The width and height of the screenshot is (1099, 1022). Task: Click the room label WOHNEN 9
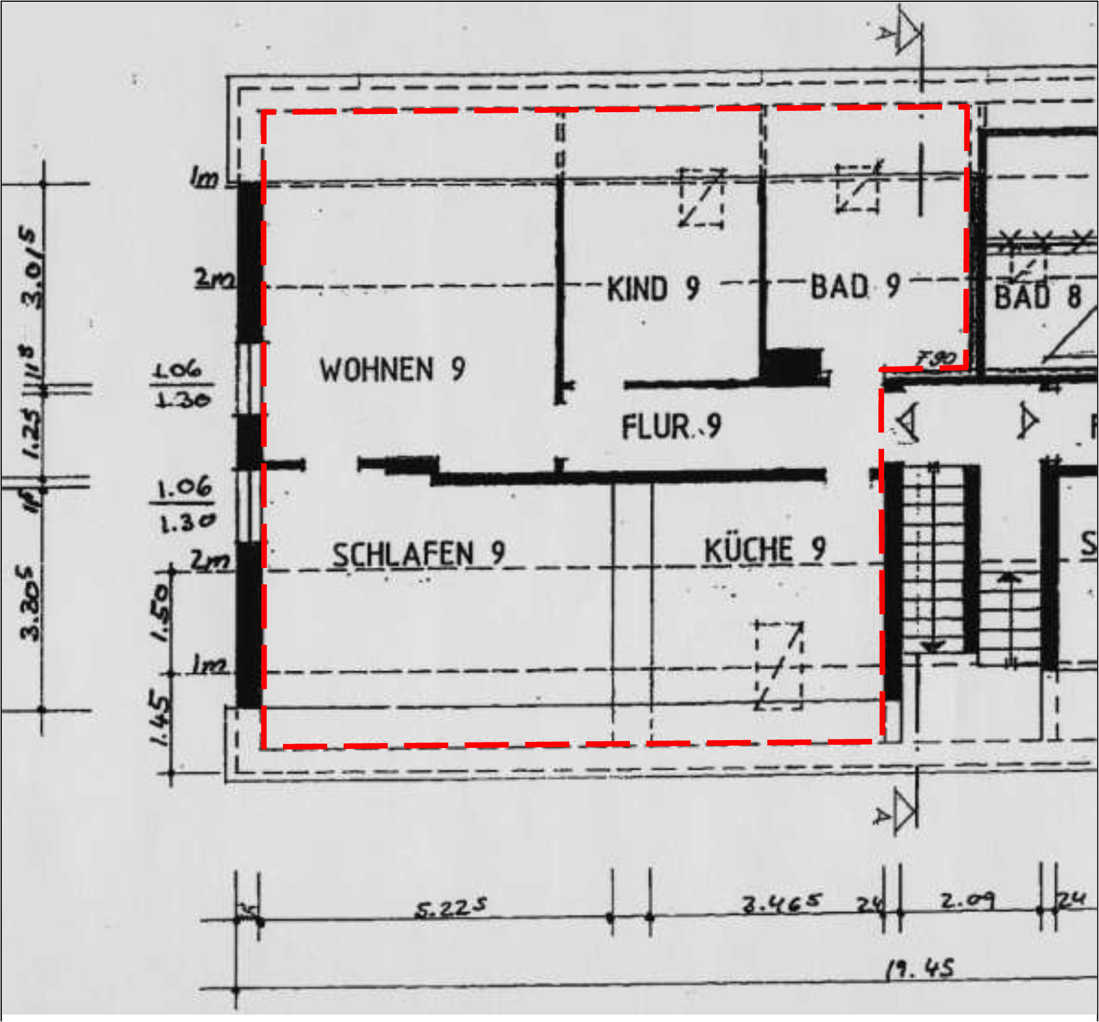pos(392,370)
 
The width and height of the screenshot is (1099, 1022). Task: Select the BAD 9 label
pos(855,287)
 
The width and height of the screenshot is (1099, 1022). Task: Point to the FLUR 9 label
pos(671,426)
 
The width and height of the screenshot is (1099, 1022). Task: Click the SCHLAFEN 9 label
pos(418,554)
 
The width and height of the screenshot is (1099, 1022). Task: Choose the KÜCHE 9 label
pos(764,550)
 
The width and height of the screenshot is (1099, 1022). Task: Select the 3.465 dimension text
pos(781,903)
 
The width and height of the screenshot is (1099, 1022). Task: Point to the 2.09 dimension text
pos(967,900)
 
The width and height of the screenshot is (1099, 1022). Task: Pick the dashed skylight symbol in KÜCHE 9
pos(779,665)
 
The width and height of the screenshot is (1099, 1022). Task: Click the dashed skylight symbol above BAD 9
pos(858,188)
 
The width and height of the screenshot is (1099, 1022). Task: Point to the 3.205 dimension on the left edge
pos(31,602)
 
